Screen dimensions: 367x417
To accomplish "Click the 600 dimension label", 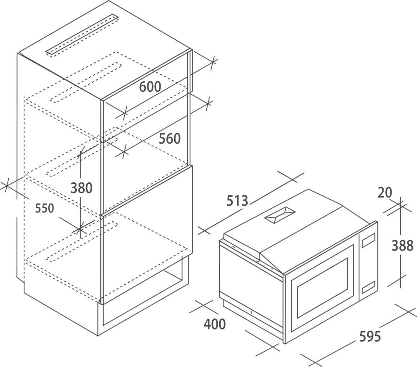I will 150,87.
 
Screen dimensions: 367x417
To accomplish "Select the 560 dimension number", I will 169,139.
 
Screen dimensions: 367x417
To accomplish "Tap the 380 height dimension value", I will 81,188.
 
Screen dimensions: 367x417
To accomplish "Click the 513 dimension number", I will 237,201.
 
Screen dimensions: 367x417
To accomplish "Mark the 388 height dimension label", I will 402,246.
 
